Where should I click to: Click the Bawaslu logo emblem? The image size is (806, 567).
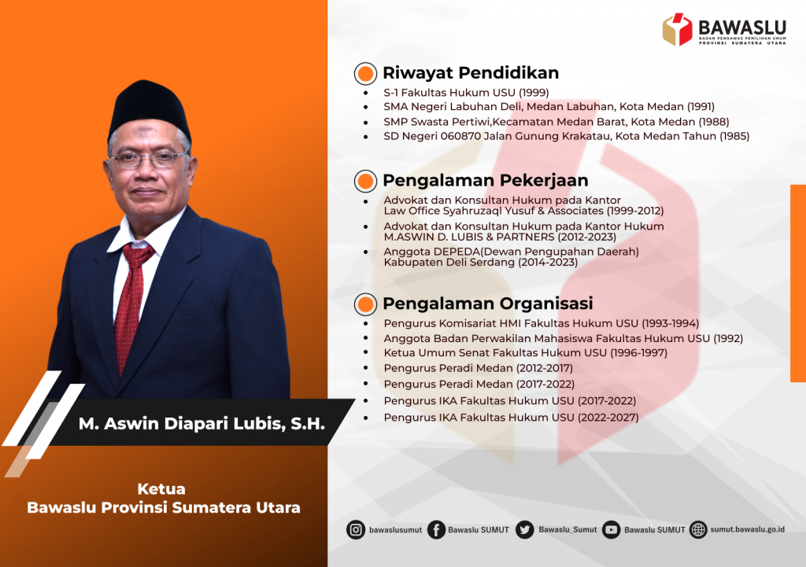[678, 30]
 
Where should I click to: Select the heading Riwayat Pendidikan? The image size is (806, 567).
[471, 73]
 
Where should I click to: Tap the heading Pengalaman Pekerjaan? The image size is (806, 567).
[485, 181]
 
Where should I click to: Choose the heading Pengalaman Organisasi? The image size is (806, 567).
[487, 304]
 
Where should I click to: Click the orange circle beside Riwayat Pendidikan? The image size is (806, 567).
[365, 74]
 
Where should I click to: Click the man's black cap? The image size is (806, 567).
[149, 108]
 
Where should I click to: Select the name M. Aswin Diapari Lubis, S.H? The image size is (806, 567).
[201, 424]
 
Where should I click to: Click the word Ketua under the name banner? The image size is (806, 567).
[161, 488]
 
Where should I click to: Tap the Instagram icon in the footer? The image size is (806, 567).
[356, 529]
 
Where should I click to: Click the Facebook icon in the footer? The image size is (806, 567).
[436, 529]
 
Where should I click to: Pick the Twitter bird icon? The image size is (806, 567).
[525, 529]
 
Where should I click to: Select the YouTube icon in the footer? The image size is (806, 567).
[612, 529]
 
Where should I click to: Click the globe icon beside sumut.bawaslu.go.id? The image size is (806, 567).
[698, 529]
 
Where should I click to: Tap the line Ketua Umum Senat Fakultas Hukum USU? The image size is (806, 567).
[525, 353]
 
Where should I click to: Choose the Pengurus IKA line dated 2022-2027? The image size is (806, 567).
[511, 418]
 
